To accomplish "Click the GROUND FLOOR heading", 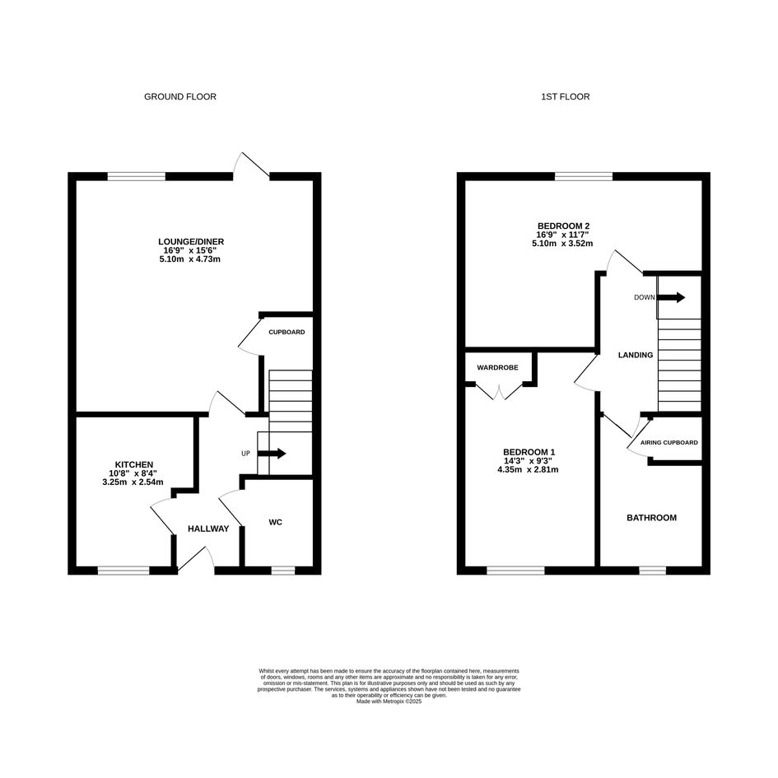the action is coord(180,97).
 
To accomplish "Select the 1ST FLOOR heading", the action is coord(565,97).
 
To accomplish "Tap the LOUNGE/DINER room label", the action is coord(190,242).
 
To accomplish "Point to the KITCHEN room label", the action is coord(134,465).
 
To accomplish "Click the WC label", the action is coord(275,522).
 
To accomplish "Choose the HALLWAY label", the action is coord(208,529).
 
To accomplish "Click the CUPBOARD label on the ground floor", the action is coord(287,332).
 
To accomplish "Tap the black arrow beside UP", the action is coord(272,453).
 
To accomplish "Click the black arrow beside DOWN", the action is coord(671,297).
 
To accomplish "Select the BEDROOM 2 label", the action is coord(563,226).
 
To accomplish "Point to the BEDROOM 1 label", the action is coord(529,452).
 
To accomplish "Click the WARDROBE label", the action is coord(497,368).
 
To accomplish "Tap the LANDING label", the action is coord(636,356).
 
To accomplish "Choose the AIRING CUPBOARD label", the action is coord(669,443).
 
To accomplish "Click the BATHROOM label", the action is coord(651,518).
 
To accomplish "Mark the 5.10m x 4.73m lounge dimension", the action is coord(190,259).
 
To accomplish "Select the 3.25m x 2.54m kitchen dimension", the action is coord(133,482).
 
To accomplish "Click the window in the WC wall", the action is coord(283,571).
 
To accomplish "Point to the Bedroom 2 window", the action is coord(584,176).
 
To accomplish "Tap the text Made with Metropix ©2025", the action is coord(389,701).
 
